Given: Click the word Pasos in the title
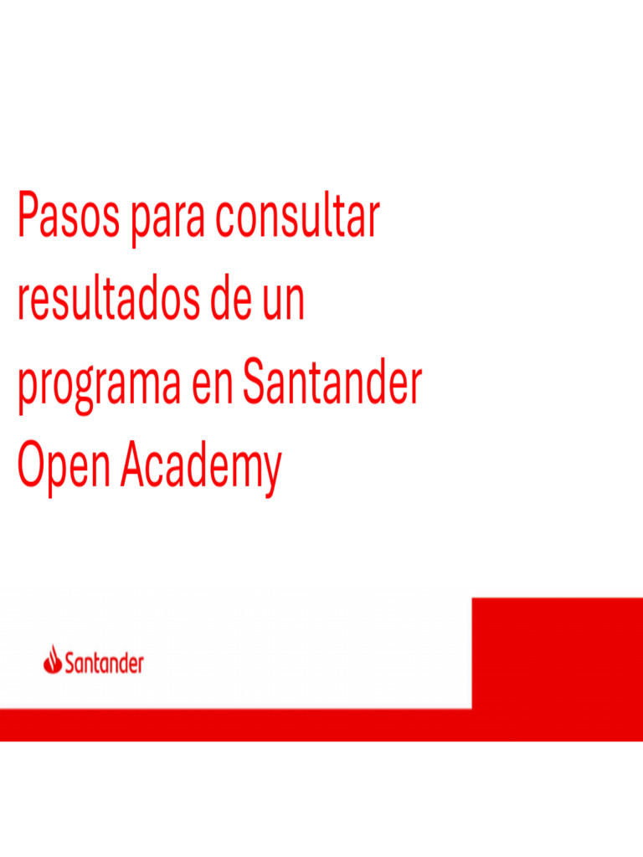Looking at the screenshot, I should pos(67,217).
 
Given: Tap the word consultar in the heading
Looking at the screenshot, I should pos(297,217).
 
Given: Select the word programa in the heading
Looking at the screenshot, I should pos(100,386).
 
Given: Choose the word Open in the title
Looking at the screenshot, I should pos(64,468).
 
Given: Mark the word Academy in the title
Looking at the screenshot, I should pos(200,468).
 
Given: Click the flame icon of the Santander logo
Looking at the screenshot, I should pos(53,659).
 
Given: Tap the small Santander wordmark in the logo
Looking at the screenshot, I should pos(105,664).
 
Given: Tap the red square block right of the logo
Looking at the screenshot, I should pos(557,653).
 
